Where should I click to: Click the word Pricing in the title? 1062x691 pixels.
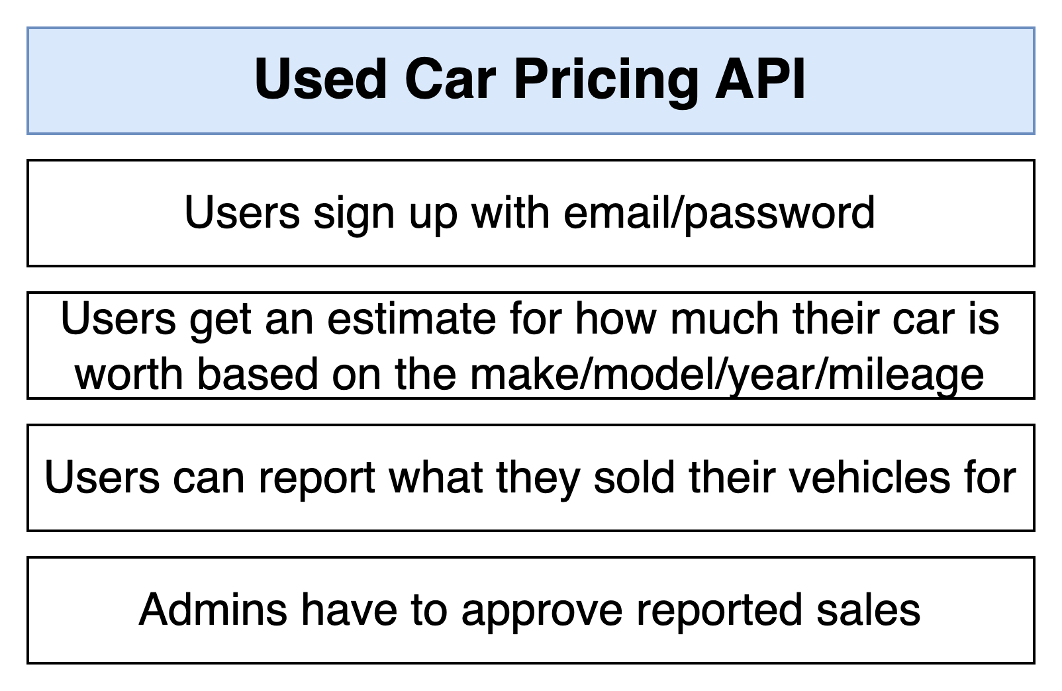pos(606,79)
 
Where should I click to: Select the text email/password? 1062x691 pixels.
pos(719,213)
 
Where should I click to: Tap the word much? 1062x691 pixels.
pos(724,318)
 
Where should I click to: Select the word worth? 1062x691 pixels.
pos(128,374)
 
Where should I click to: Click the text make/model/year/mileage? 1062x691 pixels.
pos(727,375)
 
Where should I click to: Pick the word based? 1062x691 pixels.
pos(256,374)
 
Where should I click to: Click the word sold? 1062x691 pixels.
pos(634,478)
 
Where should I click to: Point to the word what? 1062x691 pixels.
pos(435,478)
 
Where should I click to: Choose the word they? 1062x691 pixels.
pos(538,480)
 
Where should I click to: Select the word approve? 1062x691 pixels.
pos(542,613)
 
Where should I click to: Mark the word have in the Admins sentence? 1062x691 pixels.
pos(349,610)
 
